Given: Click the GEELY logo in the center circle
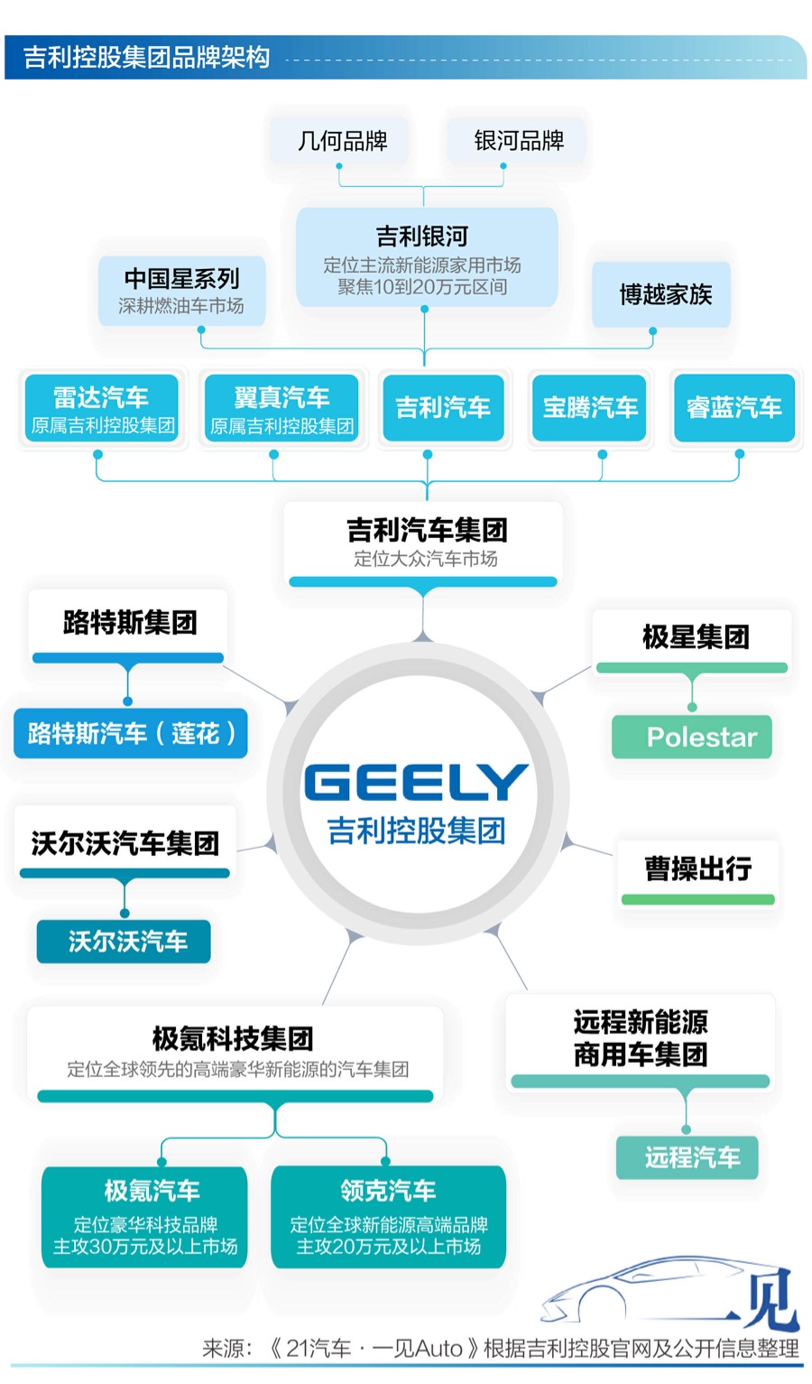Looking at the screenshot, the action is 416,782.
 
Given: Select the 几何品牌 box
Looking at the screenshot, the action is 342,141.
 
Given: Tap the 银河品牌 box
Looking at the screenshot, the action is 519,141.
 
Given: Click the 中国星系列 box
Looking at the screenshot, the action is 181,290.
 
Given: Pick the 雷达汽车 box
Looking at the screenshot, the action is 101,409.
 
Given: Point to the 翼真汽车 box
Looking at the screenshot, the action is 281,409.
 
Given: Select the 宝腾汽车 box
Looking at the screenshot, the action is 590,408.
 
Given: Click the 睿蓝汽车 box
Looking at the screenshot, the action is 734,408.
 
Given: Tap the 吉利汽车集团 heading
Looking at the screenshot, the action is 426,530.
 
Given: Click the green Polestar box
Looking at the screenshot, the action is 693,737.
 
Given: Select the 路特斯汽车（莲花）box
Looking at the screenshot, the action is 131,733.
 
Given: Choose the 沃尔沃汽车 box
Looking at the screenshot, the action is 125,942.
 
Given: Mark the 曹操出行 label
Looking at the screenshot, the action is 697,868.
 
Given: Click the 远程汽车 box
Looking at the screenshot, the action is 688,1156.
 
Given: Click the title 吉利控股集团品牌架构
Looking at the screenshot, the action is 147,58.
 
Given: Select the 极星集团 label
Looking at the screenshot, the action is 695,636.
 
